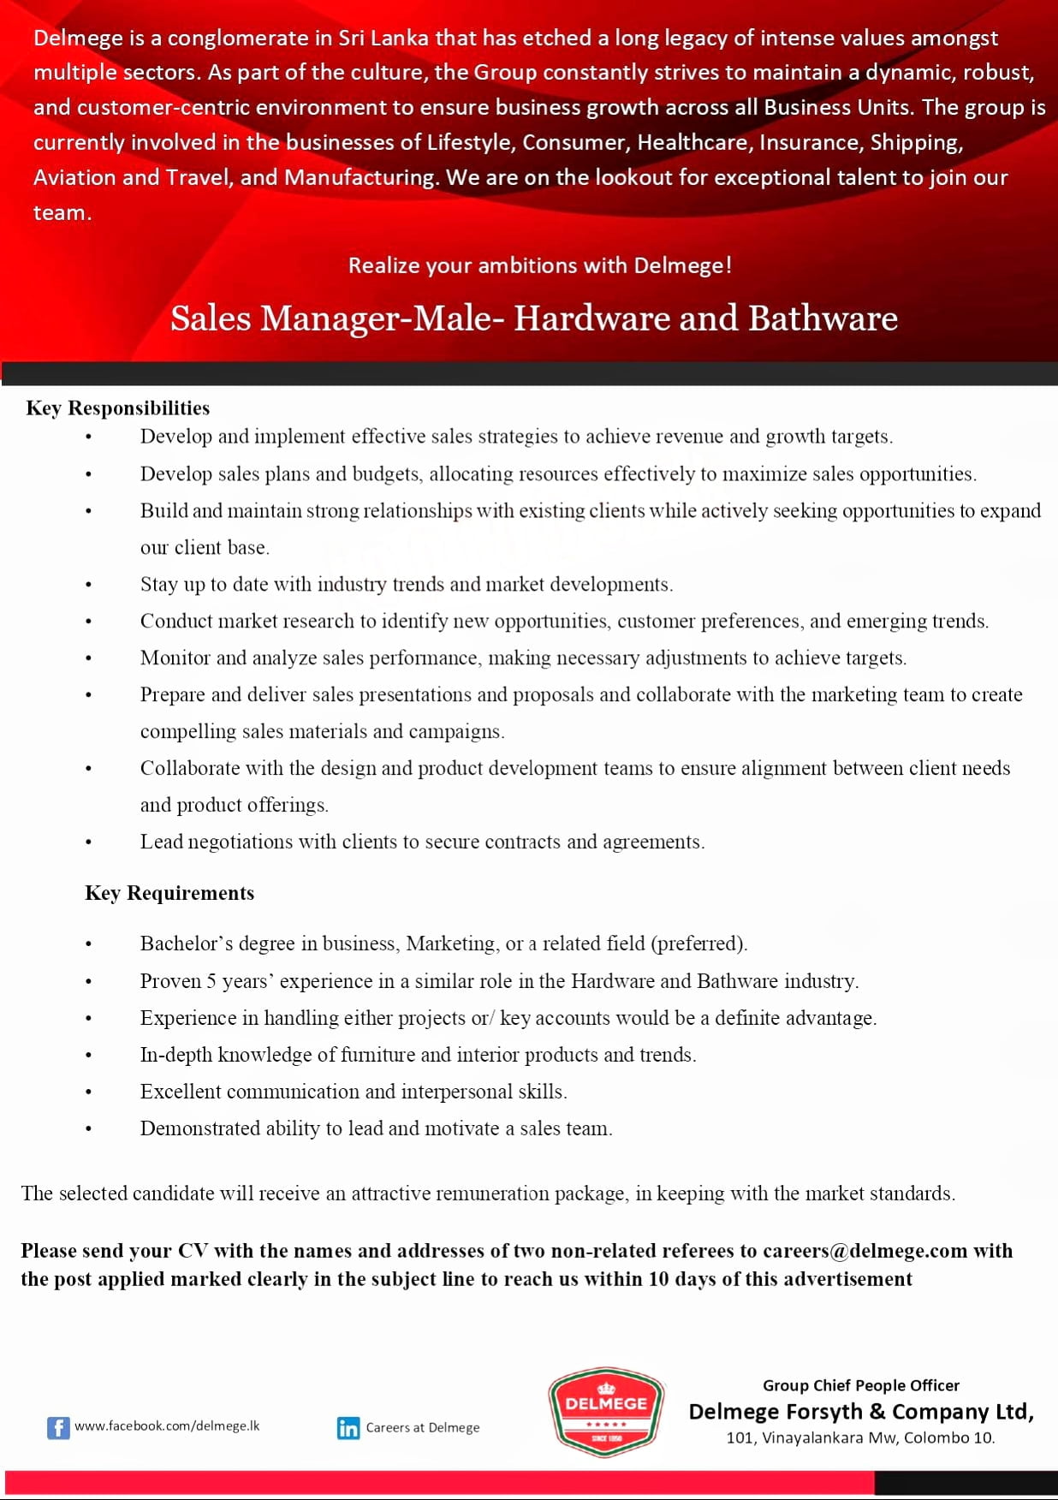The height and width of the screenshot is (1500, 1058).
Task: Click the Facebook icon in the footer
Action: [x=58, y=1427]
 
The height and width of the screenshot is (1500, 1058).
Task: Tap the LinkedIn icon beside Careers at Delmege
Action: [x=348, y=1427]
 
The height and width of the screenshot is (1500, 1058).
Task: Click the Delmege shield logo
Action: [x=606, y=1411]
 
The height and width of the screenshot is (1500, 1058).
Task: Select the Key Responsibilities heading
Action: [x=118, y=408]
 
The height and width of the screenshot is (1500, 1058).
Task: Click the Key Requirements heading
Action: [x=169, y=893]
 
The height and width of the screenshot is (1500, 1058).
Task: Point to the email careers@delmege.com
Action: [x=865, y=1251]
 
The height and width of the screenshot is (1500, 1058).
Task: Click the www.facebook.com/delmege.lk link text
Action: [x=167, y=1426]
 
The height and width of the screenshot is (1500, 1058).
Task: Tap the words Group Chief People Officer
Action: [x=860, y=1385]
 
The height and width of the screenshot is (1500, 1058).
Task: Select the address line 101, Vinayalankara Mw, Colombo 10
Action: [x=860, y=1437]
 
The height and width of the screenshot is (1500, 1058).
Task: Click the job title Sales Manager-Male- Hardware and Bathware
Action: [x=533, y=318]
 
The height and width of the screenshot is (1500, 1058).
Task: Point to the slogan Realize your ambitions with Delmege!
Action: [x=539, y=265]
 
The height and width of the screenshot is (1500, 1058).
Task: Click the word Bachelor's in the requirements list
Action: [x=186, y=943]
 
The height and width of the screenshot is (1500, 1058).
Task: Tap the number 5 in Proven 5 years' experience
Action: [x=211, y=981]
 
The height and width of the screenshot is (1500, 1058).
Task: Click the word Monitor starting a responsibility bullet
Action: [x=175, y=658]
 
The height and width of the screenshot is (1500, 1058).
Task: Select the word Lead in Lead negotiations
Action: [x=161, y=842]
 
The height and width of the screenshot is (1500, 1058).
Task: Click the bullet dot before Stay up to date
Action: [x=88, y=585]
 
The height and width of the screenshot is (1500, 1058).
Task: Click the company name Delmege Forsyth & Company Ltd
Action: [x=860, y=1411]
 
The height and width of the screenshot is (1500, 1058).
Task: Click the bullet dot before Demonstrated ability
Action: [x=88, y=1129]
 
